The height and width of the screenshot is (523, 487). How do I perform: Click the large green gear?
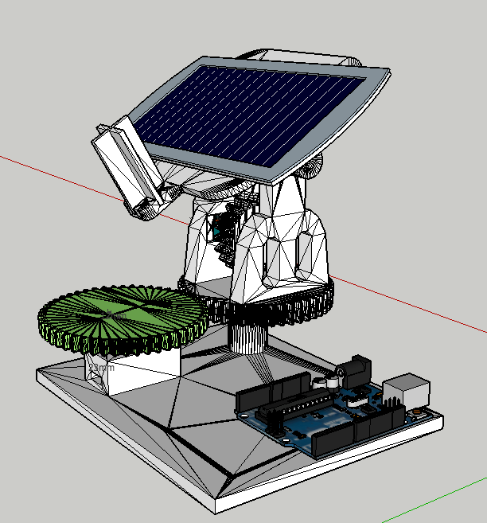[x=119, y=318]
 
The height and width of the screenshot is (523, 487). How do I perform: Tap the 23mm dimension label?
[x=101, y=369]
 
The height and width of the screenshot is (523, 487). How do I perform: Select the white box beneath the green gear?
[x=139, y=370]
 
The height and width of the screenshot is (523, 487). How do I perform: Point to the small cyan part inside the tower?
[x=216, y=231]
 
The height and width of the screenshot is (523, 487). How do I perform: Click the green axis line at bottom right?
[x=446, y=498]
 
